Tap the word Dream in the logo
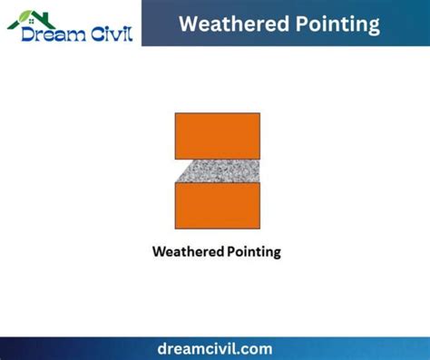[x=54, y=34]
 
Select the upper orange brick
[x=218, y=135]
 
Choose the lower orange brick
[x=218, y=205]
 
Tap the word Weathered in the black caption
[x=185, y=251]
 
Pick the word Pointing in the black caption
[x=251, y=251]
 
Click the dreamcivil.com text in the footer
[x=214, y=348]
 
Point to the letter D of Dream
[x=29, y=34]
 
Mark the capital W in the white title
[x=189, y=24]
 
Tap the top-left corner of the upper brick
[x=176, y=113]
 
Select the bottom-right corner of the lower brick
[x=259, y=228]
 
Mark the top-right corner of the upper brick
[x=259, y=113]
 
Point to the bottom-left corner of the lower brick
[x=176, y=228]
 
